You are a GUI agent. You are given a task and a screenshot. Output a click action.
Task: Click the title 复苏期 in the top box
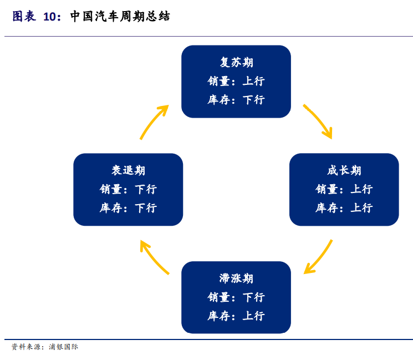pyautogui.click(x=236, y=62)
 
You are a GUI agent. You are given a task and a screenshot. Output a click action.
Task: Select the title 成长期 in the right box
pyautogui.click(x=344, y=170)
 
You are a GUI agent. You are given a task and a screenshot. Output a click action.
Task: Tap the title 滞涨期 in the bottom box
pyautogui.click(x=236, y=278)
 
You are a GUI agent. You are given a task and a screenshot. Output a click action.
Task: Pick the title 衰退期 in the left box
pyautogui.click(x=128, y=170)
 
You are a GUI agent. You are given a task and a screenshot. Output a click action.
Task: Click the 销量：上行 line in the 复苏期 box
pyautogui.click(x=236, y=81)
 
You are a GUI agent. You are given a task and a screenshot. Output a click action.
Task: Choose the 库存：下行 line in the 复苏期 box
pyautogui.click(x=236, y=100)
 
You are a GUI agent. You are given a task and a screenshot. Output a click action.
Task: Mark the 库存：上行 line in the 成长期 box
pyautogui.click(x=344, y=208)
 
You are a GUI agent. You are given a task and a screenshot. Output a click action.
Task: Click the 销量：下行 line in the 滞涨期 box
pyautogui.click(x=236, y=297)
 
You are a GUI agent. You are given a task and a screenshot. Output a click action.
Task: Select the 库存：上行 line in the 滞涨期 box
pyautogui.click(x=236, y=316)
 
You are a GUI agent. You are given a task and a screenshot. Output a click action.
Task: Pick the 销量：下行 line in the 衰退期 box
pyautogui.click(x=128, y=189)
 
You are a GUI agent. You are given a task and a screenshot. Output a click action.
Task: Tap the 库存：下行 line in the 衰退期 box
pyautogui.click(x=128, y=208)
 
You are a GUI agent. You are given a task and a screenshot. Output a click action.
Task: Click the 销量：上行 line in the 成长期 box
pyautogui.click(x=344, y=189)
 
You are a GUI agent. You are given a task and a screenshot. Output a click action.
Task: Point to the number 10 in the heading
pyautogui.click(x=50, y=17)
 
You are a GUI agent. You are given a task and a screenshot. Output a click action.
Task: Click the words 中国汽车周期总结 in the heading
pyautogui.click(x=120, y=17)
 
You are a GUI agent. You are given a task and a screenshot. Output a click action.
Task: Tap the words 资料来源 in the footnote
pyautogui.click(x=26, y=347)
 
